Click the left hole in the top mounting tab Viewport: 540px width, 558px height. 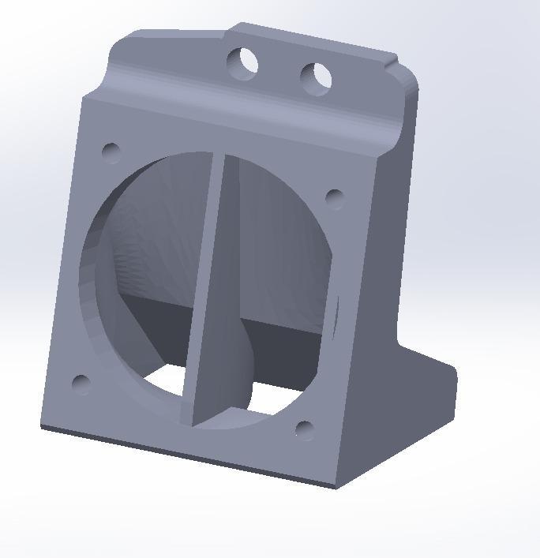pos(243,63)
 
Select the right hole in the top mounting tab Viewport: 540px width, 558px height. pos(316,77)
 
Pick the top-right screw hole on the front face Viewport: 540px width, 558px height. pos(334,197)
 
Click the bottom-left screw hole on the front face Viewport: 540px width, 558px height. pos(81,384)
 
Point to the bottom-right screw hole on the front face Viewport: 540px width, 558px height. pos(305,430)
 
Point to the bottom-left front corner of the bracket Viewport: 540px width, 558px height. pos(42,427)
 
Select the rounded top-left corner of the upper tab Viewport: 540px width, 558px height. pos(118,43)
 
